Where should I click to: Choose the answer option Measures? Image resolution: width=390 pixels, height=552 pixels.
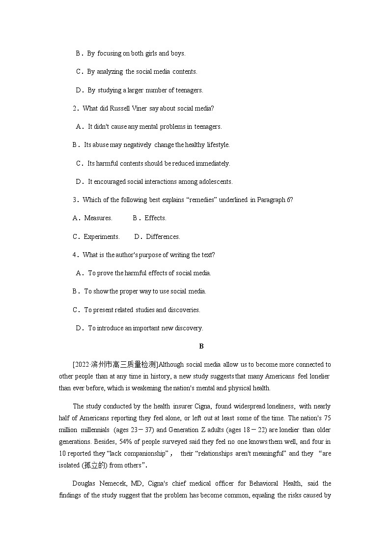pos(98,218)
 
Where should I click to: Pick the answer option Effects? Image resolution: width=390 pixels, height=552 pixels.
pos(155,218)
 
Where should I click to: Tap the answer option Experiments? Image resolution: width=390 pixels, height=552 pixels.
pos(101,236)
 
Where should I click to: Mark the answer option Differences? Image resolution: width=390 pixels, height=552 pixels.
pos(163,236)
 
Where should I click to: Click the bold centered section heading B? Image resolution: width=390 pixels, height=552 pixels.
pos(201,346)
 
